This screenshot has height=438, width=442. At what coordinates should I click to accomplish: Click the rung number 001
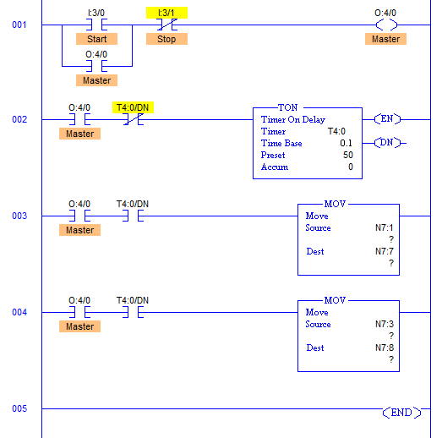(x=19, y=25)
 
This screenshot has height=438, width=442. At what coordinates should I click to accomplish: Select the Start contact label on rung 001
(x=96, y=39)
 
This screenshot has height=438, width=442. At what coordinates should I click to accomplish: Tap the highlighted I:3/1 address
(x=166, y=13)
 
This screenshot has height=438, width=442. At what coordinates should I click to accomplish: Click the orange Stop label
(x=166, y=39)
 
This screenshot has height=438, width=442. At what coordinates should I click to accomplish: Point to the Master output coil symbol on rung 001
(x=386, y=25)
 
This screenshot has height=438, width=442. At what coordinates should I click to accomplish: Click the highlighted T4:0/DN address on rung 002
(x=133, y=107)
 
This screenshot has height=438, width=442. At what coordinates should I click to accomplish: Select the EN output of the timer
(x=387, y=119)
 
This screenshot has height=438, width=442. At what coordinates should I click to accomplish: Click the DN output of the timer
(x=387, y=143)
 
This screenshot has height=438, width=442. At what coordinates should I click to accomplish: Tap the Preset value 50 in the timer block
(x=348, y=155)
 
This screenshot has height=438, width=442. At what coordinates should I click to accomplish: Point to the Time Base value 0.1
(x=346, y=143)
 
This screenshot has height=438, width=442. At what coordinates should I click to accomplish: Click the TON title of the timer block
(x=287, y=107)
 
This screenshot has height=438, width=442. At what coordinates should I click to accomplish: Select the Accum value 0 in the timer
(x=351, y=167)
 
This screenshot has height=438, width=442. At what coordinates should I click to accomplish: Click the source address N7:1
(x=384, y=227)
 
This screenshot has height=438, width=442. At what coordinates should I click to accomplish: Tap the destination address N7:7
(x=384, y=251)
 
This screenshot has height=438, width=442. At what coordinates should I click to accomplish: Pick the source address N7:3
(x=384, y=324)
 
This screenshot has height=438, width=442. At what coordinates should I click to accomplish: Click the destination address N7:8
(x=384, y=348)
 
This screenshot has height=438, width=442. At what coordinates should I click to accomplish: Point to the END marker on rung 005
(x=401, y=413)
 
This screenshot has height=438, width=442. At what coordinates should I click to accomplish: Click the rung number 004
(x=19, y=312)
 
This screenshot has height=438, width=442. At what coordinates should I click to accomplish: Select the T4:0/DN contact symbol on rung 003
(x=133, y=216)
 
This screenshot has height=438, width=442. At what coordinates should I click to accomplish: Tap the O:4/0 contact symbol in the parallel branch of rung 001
(x=96, y=66)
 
